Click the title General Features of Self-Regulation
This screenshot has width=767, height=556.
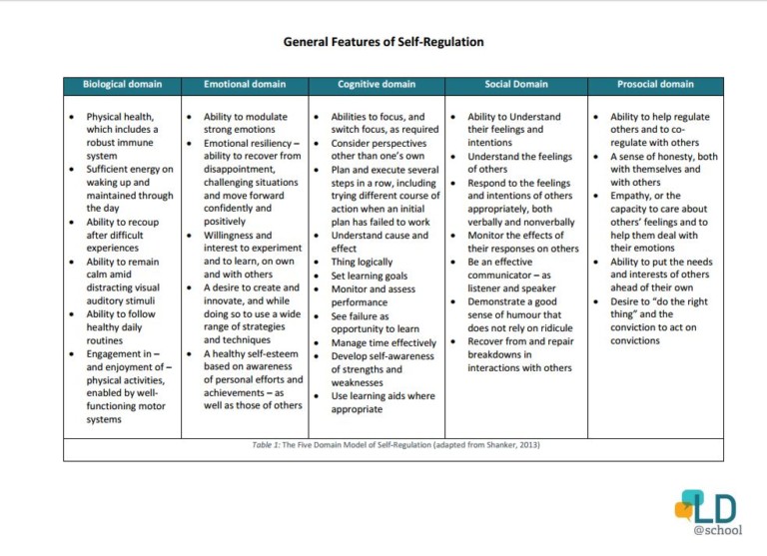point(383,42)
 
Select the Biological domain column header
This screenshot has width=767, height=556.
point(122,85)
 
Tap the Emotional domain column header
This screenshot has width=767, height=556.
point(244,85)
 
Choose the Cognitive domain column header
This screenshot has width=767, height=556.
point(376,85)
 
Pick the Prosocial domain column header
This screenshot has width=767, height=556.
point(655,85)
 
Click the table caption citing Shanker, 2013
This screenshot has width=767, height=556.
point(395,445)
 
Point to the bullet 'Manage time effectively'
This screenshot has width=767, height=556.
point(383,342)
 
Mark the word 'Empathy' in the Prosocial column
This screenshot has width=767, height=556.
point(631,196)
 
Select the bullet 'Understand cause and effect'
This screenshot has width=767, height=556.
point(380,243)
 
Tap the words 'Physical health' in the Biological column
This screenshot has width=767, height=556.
point(120,117)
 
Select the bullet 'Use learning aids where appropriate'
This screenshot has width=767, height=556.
point(383,402)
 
